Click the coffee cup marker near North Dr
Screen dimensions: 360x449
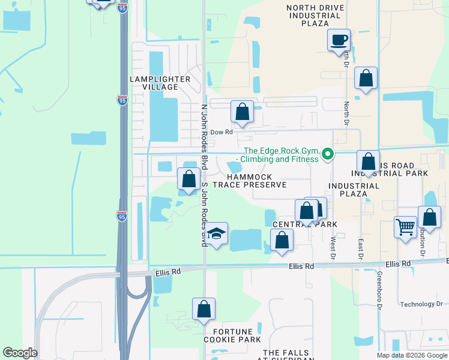339,40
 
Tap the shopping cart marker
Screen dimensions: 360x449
406,227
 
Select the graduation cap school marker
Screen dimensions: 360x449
217,233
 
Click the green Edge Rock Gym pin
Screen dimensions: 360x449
328,155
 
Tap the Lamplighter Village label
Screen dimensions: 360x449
160,83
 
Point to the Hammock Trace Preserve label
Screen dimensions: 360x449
256,181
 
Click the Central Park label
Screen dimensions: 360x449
305,224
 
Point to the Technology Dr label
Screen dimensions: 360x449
421,304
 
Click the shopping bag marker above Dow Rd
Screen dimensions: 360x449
243,111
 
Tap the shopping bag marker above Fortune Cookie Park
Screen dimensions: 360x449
204,309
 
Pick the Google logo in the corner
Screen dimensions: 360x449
20,353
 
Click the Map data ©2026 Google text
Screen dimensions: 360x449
411,355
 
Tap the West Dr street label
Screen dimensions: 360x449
333,248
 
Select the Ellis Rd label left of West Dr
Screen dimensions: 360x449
301,266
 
